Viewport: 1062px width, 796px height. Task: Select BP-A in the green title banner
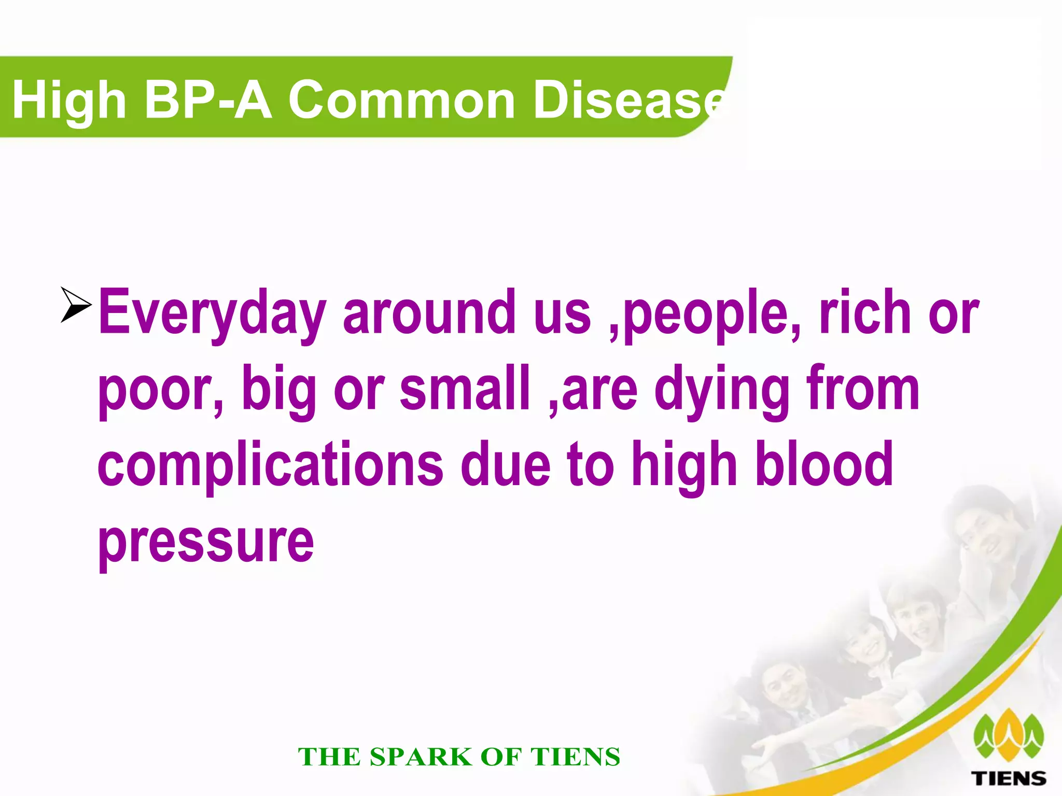(x=207, y=99)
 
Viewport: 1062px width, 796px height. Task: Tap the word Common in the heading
(x=401, y=99)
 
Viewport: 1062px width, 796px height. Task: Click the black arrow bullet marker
(x=76, y=304)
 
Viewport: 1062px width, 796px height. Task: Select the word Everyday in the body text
(x=213, y=314)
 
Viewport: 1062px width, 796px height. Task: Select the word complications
(x=270, y=465)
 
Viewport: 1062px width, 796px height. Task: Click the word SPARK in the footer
(x=420, y=757)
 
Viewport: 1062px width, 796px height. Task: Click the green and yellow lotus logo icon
(x=1009, y=736)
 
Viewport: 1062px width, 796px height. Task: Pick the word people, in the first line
(x=712, y=314)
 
